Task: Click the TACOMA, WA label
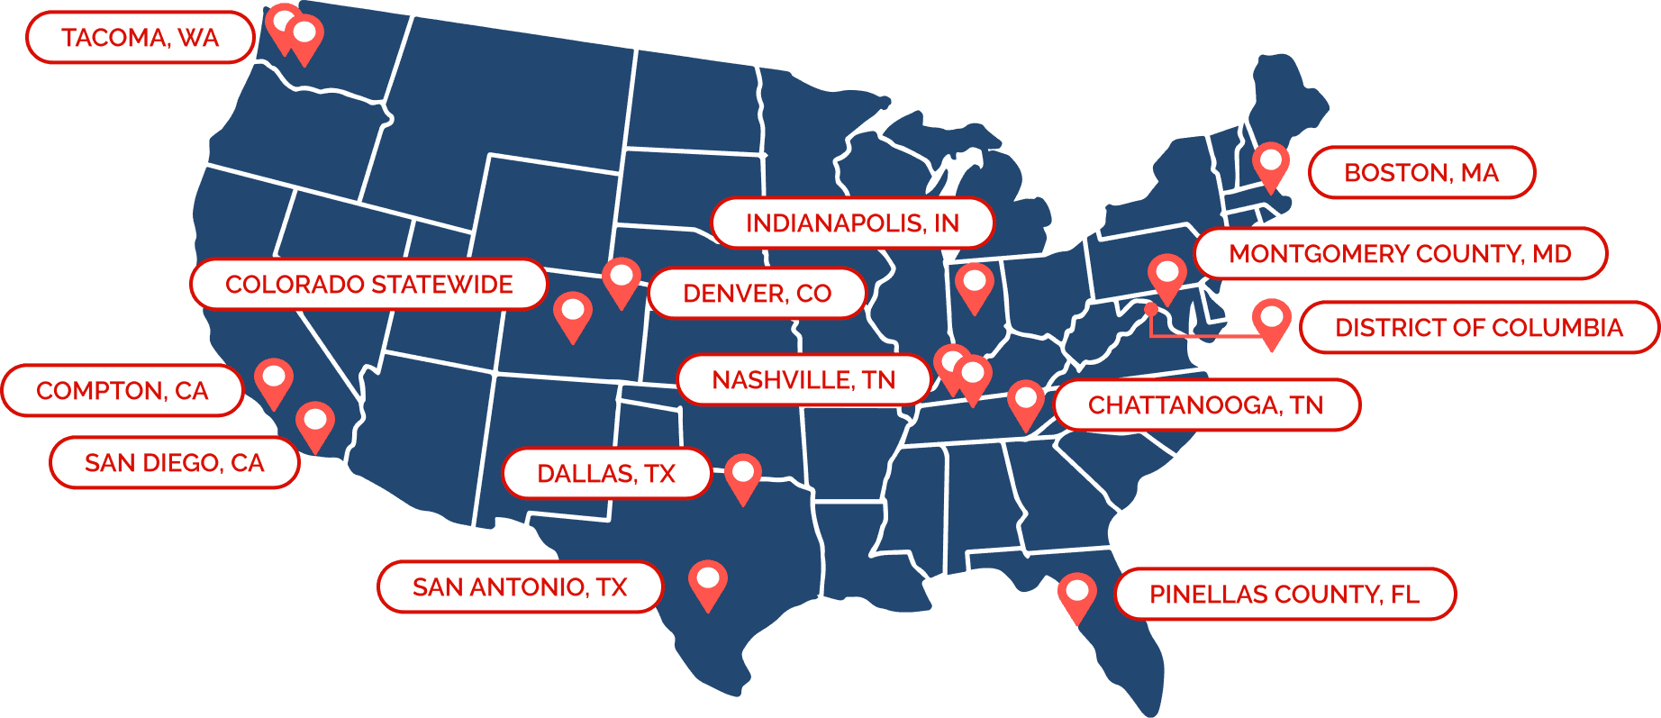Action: pos(140,38)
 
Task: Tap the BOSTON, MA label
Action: pos(1420,172)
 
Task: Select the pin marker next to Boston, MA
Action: pos(1271,164)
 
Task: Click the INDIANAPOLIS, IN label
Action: pos(852,223)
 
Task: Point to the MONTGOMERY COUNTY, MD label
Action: pos(1400,253)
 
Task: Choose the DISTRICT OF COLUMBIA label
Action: pos(1478,327)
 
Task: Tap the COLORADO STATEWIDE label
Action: pos(368,284)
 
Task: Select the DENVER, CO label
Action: pos(757,293)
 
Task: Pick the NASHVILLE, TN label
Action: pos(803,379)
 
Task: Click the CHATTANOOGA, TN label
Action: pos(1205,404)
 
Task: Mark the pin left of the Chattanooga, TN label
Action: pos(1025,402)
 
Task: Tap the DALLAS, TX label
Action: pos(606,473)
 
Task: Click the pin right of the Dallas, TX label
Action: pos(743,476)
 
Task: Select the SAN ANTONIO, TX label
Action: pos(520,586)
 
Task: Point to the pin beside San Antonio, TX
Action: pos(708,582)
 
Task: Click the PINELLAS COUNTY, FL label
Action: pos(1284,594)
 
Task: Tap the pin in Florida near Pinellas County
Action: pos(1076,595)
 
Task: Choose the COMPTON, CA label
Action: pos(123,390)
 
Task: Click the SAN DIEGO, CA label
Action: pos(174,462)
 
